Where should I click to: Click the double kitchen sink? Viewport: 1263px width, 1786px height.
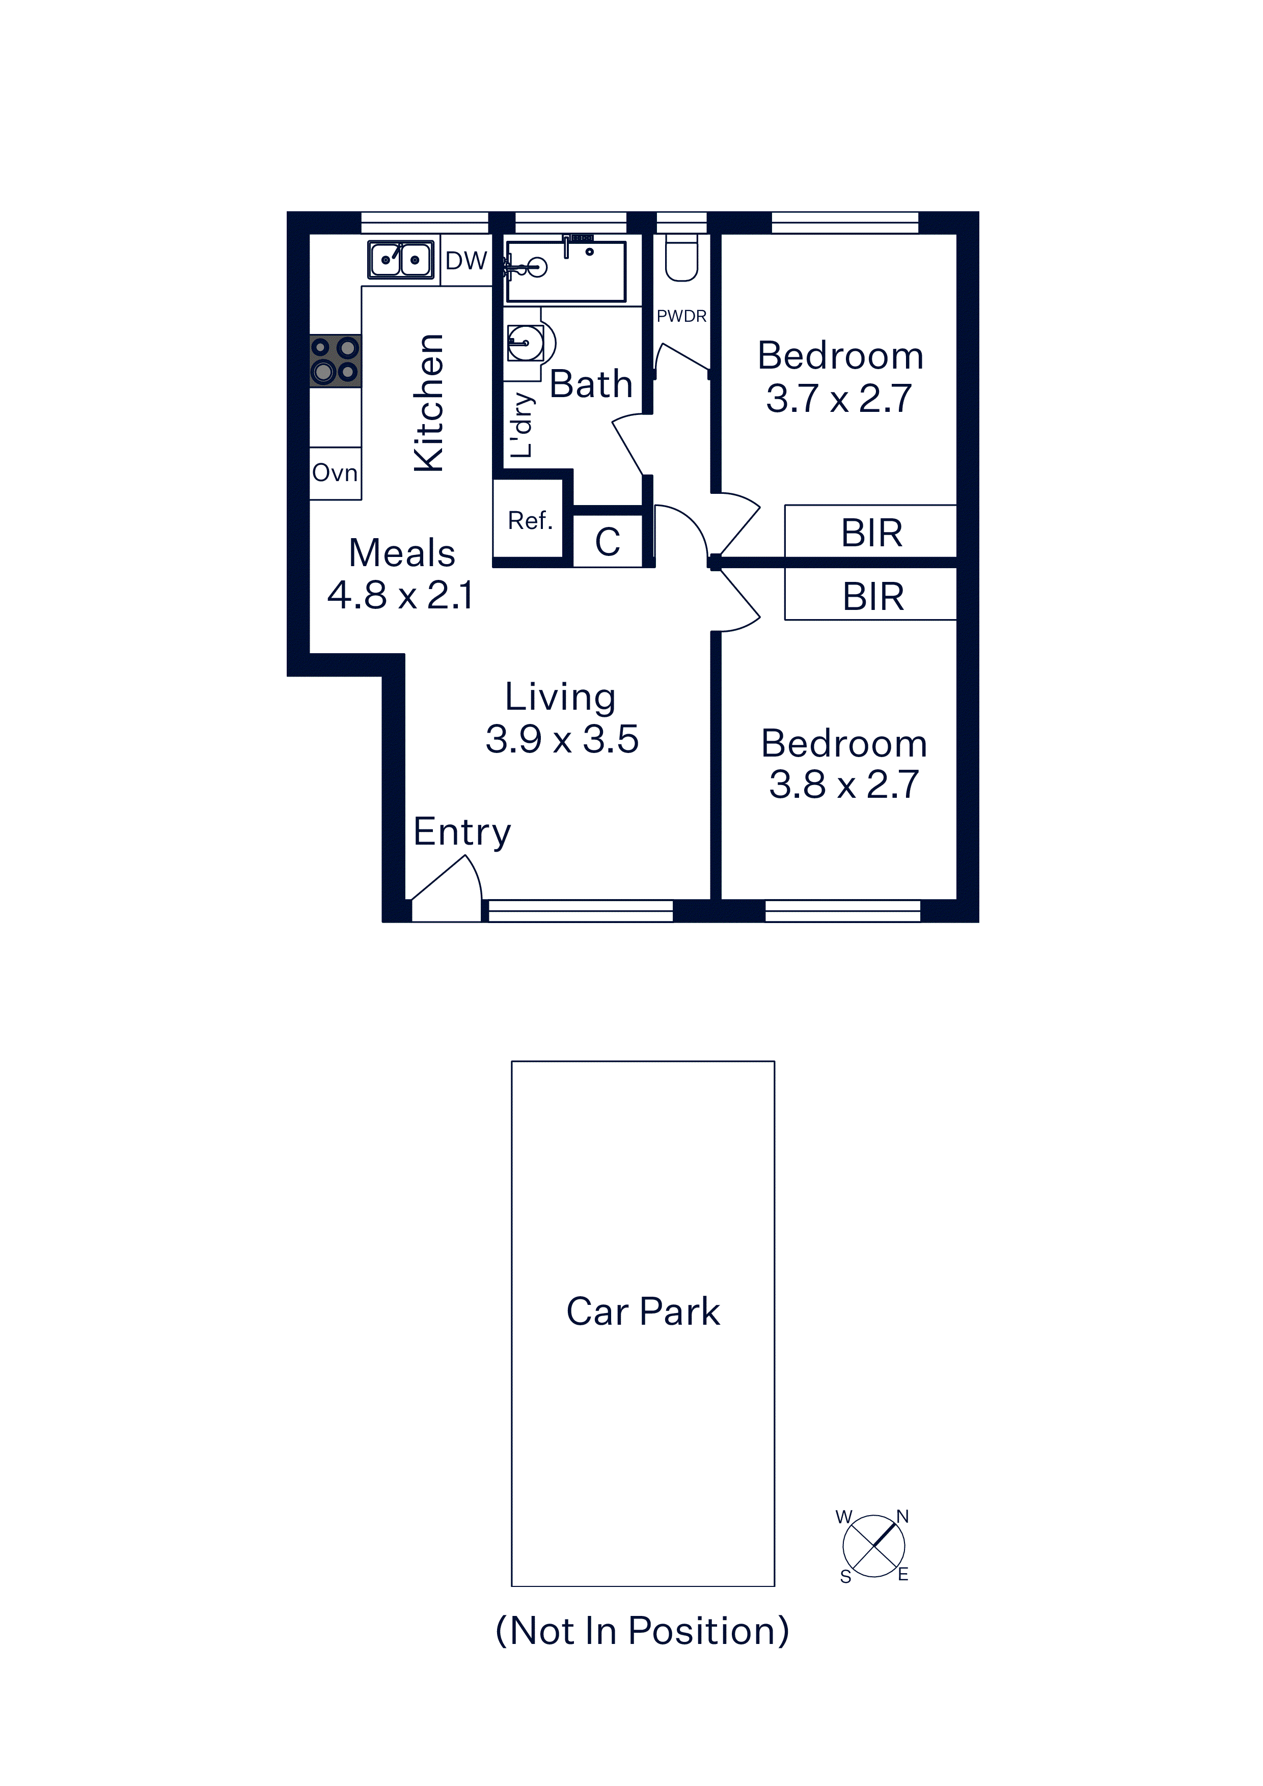401,260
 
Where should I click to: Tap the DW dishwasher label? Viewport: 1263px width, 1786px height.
466,261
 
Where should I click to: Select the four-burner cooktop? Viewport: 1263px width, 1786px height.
336,361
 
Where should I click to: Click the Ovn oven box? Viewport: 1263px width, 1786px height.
336,473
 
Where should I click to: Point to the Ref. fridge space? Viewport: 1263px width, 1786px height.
529,520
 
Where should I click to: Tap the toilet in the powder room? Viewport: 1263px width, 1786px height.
682,258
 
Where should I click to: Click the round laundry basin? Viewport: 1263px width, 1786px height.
526,342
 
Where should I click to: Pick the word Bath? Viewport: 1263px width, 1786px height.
591,384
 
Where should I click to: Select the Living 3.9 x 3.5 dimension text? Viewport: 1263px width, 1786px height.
562,739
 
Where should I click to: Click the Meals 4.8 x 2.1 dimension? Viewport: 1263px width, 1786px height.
401,595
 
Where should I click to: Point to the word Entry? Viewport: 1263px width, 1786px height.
462,832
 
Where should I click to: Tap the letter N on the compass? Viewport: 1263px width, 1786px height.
903,1516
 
